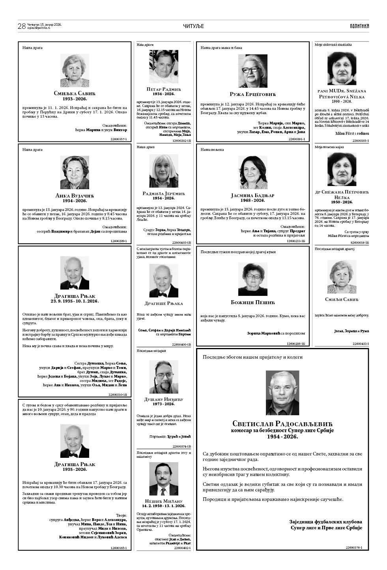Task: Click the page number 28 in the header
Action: pos(22,26)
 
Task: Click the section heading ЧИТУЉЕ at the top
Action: pos(193,26)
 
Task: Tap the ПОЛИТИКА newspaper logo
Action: pos(359,26)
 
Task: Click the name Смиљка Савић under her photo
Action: pos(75,93)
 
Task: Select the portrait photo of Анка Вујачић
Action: pos(75,172)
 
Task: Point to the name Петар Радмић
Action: pos(163,89)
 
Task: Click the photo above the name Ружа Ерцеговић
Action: pos(253,71)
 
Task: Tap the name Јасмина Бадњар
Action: pos(252,195)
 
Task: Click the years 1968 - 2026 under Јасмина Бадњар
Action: pos(252,200)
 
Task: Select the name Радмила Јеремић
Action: pos(163,193)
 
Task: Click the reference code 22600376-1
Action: pos(353,547)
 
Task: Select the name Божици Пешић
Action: pos(252,302)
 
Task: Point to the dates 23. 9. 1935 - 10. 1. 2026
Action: pos(75,301)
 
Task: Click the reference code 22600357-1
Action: pos(118,139)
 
